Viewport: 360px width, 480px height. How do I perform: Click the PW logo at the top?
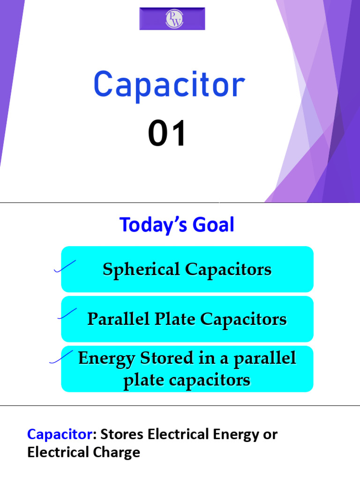point(172,19)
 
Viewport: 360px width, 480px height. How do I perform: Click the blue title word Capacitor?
point(169,85)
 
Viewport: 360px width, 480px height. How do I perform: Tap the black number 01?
point(167,134)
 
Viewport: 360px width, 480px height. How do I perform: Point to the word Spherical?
point(141,270)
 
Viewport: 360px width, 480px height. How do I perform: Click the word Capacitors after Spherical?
point(228,270)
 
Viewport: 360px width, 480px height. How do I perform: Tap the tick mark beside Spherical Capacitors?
point(65,267)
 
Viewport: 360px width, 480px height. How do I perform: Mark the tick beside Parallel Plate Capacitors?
point(67,314)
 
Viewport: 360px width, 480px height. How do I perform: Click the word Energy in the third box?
point(106,358)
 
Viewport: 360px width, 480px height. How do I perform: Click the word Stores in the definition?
point(122,435)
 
